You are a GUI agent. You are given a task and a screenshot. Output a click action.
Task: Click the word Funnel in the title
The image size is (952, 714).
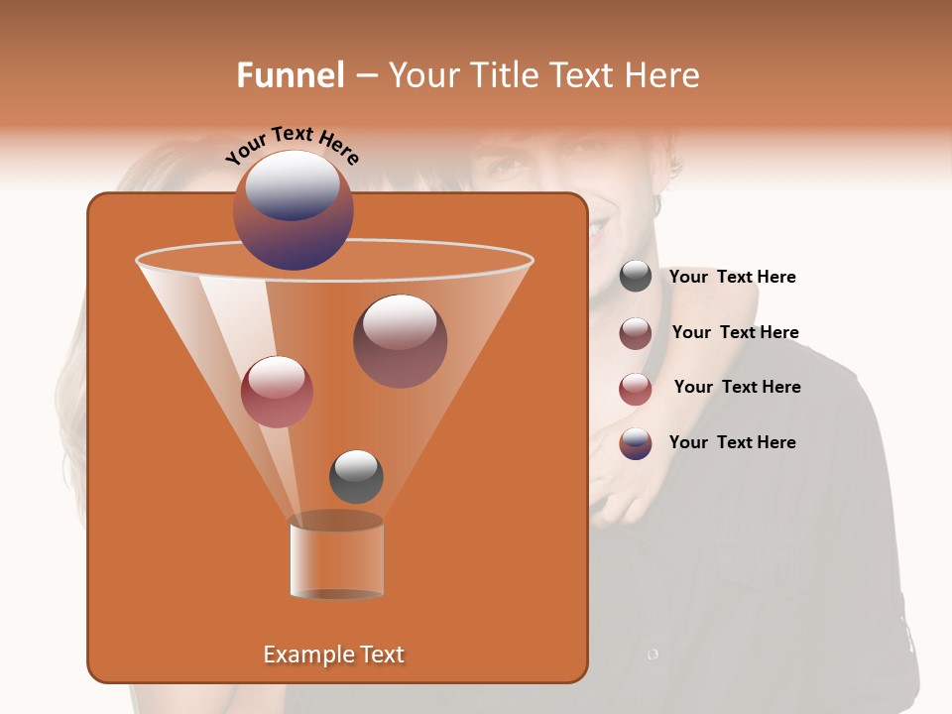point(290,75)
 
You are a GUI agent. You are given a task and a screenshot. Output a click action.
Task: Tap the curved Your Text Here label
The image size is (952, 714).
point(292,145)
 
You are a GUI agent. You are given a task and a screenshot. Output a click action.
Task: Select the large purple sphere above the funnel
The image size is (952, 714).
point(293,210)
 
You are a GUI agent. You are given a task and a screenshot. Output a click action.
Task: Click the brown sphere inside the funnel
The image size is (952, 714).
point(400,341)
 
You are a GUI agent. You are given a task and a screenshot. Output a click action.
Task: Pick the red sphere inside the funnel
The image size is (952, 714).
point(277,392)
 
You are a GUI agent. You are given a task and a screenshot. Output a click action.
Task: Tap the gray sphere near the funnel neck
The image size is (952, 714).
point(356,477)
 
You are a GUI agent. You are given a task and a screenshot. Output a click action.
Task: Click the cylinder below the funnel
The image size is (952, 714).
point(336,560)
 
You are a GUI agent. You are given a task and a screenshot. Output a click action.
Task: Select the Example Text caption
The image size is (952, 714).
point(333,654)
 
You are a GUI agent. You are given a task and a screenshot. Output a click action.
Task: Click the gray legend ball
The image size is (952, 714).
point(636,277)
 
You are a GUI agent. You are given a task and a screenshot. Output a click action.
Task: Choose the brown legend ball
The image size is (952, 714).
point(636,333)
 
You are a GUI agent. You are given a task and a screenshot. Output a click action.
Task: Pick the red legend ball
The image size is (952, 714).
point(636,389)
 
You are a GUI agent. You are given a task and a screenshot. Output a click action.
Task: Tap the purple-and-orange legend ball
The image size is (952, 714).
point(636,443)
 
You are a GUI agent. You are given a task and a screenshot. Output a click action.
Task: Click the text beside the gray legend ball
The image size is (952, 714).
point(732,278)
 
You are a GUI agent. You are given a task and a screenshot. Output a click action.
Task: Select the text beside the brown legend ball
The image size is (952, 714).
point(735,333)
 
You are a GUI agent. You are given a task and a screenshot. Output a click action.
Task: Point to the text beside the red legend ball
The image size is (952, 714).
point(737,388)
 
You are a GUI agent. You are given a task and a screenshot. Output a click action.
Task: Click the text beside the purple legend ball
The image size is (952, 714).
point(732,442)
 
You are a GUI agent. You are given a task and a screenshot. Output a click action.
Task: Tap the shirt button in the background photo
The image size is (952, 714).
point(653,654)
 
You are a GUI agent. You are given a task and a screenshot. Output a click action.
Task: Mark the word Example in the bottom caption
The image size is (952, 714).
point(301,654)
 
